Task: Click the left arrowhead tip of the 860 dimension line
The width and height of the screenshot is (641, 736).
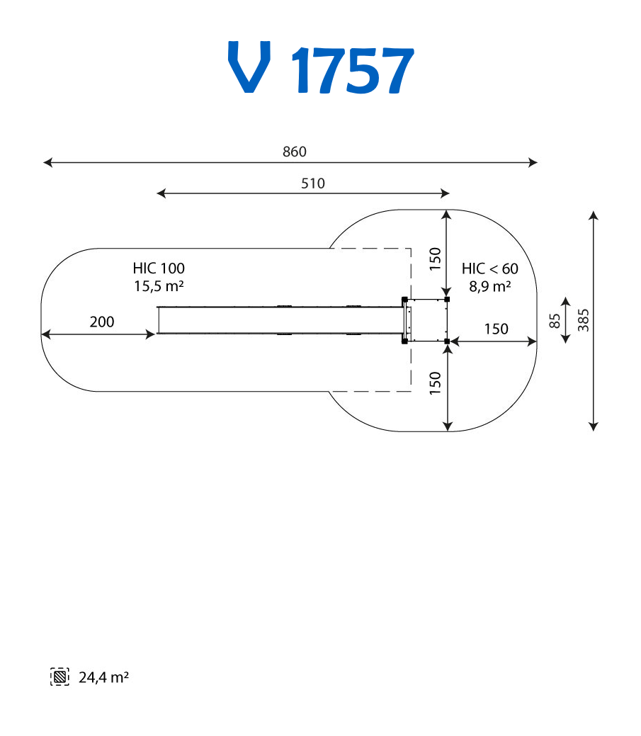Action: pos(43,162)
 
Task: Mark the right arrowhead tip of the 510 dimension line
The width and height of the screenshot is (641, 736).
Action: pos(450,193)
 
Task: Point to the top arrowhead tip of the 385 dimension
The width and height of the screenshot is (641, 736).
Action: pos(594,211)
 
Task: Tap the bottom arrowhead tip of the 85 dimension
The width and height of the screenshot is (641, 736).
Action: pos(566,343)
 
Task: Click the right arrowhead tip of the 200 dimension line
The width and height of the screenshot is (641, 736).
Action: pos(155,334)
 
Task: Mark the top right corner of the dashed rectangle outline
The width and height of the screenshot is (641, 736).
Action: pos(411,249)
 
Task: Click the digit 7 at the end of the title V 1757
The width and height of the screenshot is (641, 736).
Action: pos(395,70)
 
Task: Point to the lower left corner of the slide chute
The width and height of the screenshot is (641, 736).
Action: pos(158,334)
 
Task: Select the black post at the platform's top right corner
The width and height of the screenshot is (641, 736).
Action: pos(447,299)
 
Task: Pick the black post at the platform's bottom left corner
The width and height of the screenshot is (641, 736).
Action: pos(404,341)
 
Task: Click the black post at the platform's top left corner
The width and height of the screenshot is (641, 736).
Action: pos(404,299)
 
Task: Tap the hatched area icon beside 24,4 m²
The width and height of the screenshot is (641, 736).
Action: pos(59,677)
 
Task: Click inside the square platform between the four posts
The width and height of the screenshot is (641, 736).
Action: pos(428,320)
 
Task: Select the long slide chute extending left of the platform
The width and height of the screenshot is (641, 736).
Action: pos(280,320)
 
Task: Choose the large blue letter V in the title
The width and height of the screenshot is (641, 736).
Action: pos(249,67)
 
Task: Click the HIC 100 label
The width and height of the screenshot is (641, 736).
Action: pos(159,268)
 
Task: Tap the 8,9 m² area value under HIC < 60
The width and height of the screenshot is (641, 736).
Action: pos(490,286)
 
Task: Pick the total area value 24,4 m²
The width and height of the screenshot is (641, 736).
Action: pos(103,677)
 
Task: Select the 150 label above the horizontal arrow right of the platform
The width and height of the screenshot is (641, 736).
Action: pos(497,329)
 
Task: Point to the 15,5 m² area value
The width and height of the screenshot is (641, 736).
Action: pos(159,286)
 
